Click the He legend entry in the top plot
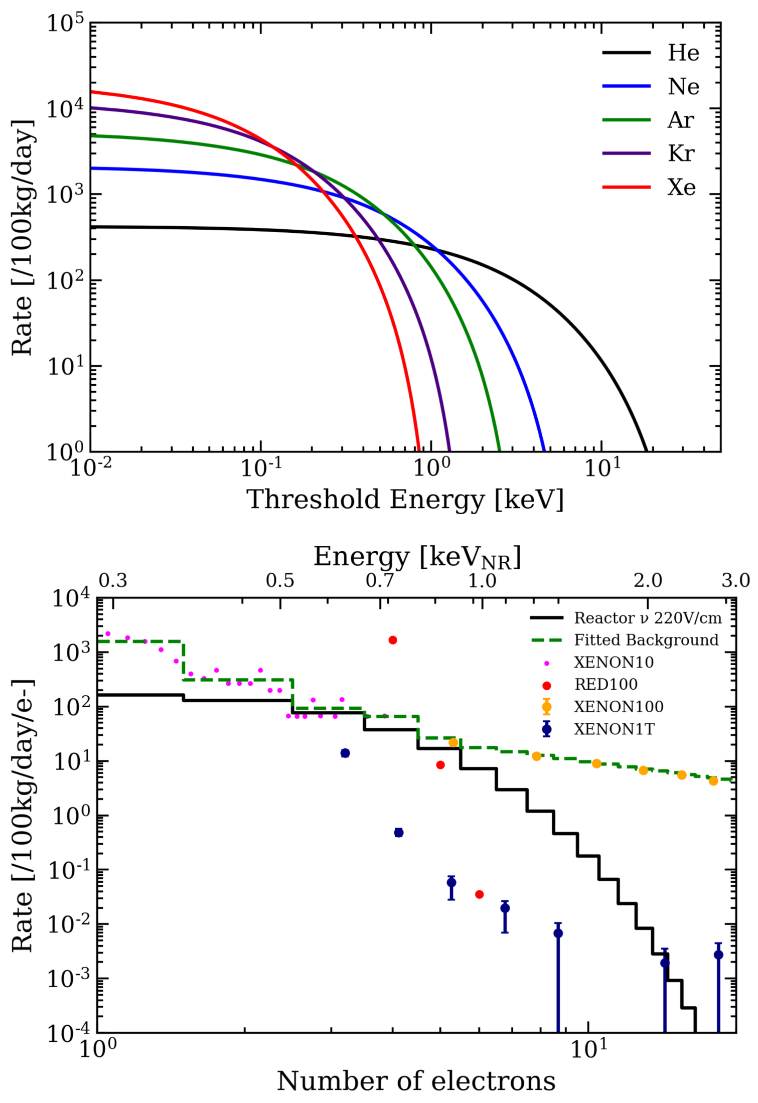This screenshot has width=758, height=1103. pos(683,53)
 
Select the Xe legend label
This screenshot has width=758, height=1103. pos(681,187)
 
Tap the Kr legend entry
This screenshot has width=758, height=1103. pos(681,153)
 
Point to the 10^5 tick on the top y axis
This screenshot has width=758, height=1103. pos(65,23)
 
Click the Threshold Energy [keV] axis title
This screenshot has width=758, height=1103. pos(405,500)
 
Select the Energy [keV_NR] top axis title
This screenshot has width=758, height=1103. pos(417,557)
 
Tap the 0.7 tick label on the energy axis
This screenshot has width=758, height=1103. pos(380,581)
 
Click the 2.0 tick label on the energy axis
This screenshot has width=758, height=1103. pos(648,581)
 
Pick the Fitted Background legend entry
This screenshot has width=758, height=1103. pos(646,640)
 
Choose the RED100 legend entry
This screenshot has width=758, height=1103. pos(605,684)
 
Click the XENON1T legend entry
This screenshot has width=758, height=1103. pos(614,729)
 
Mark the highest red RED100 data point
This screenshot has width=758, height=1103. pos(393,640)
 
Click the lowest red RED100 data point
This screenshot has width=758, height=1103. pos(479,894)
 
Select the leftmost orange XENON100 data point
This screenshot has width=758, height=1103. pos(453,742)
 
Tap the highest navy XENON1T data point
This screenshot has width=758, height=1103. pos(345,753)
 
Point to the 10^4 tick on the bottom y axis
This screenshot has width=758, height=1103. pos(70,598)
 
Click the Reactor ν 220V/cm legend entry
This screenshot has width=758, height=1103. pos(647,618)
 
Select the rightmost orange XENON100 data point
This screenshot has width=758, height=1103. pos(713,781)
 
